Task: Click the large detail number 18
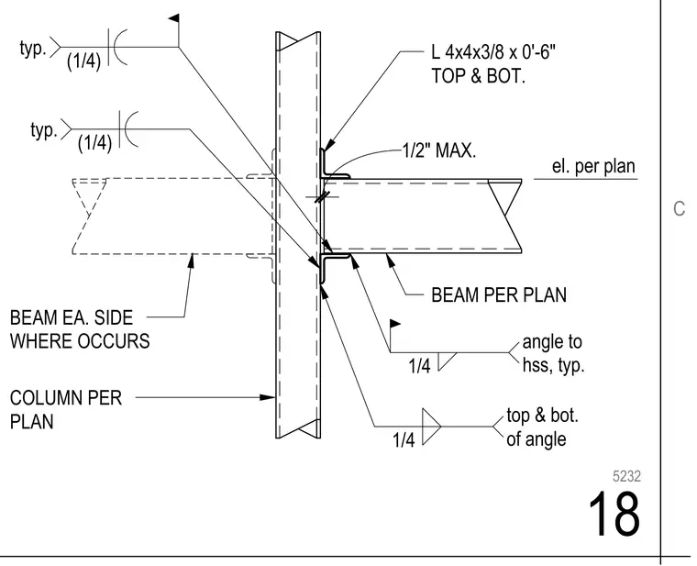614,514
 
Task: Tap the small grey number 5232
626,476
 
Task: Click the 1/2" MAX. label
439,151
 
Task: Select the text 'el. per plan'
593,166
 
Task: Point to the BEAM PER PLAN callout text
499,295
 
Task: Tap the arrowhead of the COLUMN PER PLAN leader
268,397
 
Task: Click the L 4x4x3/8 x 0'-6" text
493,52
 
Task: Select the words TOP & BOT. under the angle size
479,76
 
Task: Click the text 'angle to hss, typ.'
553,353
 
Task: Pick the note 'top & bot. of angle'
542,427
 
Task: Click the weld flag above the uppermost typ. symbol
174,18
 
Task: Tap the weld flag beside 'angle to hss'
395,324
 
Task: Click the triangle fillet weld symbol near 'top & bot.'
430,427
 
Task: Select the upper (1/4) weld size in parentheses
83,61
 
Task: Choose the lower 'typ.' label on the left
44,130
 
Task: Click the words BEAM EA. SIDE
72,318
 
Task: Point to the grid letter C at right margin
679,208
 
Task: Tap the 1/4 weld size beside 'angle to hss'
419,366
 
